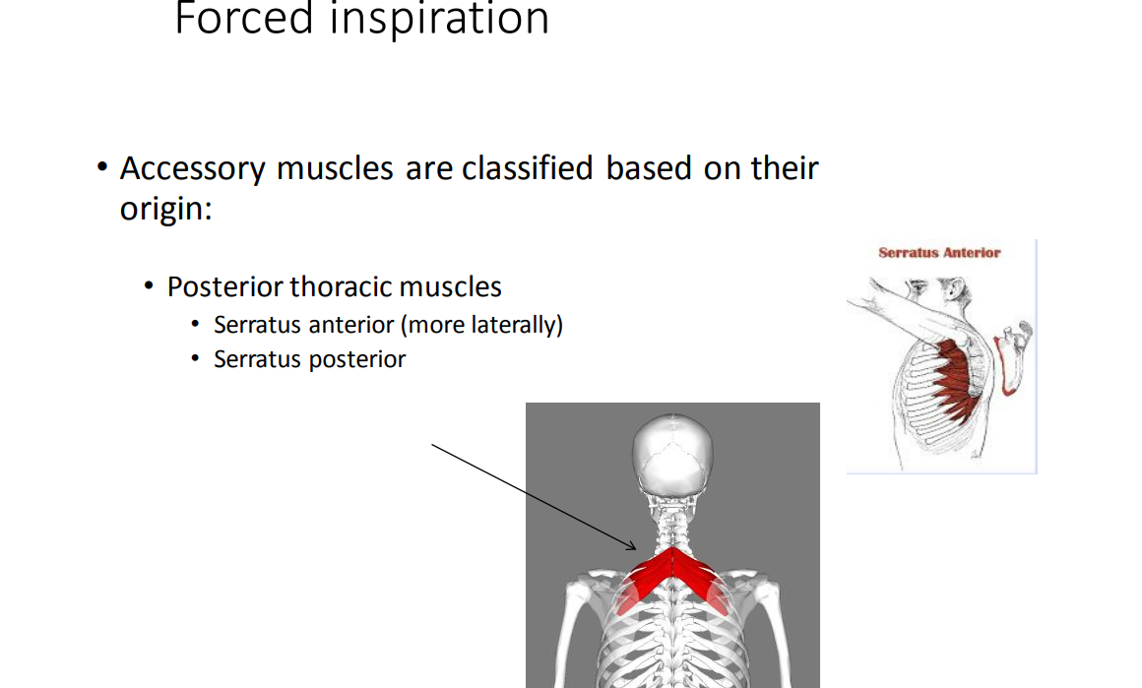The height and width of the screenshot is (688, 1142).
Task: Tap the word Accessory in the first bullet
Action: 193,168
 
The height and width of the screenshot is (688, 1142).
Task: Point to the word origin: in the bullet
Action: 165,209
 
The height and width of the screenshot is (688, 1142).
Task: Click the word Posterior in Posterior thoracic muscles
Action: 225,286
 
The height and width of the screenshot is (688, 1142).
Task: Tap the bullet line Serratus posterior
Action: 309,359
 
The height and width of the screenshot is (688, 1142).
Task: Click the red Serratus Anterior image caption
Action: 939,253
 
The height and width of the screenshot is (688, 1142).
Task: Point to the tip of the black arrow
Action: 637,549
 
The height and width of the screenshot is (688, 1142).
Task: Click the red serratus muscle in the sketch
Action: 953,379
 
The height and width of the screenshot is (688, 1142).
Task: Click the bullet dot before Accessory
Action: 102,167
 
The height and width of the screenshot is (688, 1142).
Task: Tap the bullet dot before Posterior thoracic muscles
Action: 150,286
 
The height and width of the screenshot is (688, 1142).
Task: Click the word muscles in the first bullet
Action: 335,168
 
